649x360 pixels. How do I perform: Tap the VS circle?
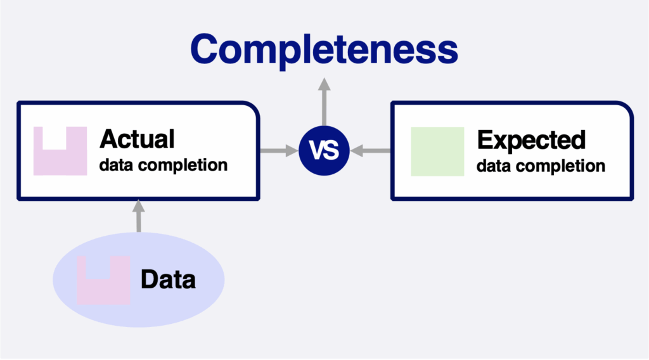[324, 151]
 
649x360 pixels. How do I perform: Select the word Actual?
[137, 139]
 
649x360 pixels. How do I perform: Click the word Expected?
[531, 141]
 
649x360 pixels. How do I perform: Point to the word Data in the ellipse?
[168, 280]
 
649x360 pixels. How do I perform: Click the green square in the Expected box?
[437, 151]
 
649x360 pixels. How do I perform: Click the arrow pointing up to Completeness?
[324, 102]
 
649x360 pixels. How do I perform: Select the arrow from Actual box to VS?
[279, 151]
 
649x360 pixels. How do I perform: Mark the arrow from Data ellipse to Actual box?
[139, 216]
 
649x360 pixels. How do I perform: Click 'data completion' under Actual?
[163, 165]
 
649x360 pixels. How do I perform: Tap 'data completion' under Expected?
[541, 166]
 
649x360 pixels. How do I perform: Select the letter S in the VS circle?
[332, 151]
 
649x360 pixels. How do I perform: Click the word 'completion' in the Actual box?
[183, 165]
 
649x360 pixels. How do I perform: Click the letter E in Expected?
[484, 140]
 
